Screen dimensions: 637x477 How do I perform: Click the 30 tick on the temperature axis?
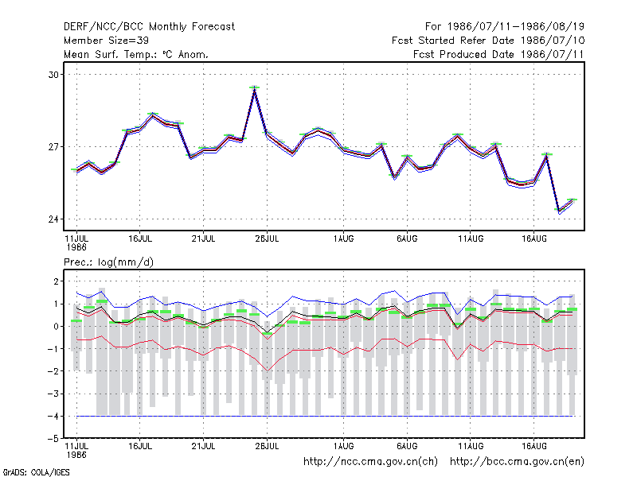click(x=53, y=75)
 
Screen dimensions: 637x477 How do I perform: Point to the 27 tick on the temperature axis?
click(x=53, y=147)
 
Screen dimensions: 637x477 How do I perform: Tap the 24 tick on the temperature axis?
click(x=53, y=219)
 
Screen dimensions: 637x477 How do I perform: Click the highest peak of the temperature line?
click(x=254, y=90)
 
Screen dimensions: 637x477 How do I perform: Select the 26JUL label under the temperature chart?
click(x=267, y=239)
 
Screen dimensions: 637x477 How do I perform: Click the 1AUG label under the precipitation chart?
click(x=344, y=446)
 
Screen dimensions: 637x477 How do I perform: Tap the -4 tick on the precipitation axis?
click(x=53, y=416)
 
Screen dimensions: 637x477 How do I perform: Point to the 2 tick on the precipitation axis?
click(x=56, y=281)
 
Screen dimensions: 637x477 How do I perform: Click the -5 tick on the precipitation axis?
click(x=53, y=439)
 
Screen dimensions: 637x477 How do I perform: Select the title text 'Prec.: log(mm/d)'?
click(x=108, y=262)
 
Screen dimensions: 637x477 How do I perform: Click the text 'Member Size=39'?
click(x=106, y=41)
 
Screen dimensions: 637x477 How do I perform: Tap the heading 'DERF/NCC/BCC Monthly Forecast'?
click(x=149, y=27)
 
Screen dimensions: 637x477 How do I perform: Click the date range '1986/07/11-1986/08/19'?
click(x=515, y=27)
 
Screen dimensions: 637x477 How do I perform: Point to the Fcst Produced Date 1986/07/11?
click(x=498, y=54)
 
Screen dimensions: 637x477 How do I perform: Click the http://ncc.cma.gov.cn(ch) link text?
click(x=370, y=462)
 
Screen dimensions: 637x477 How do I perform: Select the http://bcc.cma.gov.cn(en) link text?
click(x=517, y=462)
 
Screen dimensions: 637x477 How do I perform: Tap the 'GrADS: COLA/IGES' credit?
click(x=36, y=472)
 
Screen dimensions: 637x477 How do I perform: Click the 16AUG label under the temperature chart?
click(x=533, y=239)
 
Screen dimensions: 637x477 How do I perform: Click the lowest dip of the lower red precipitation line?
click(x=268, y=370)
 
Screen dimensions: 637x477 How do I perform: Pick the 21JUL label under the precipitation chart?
click(x=203, y=446)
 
